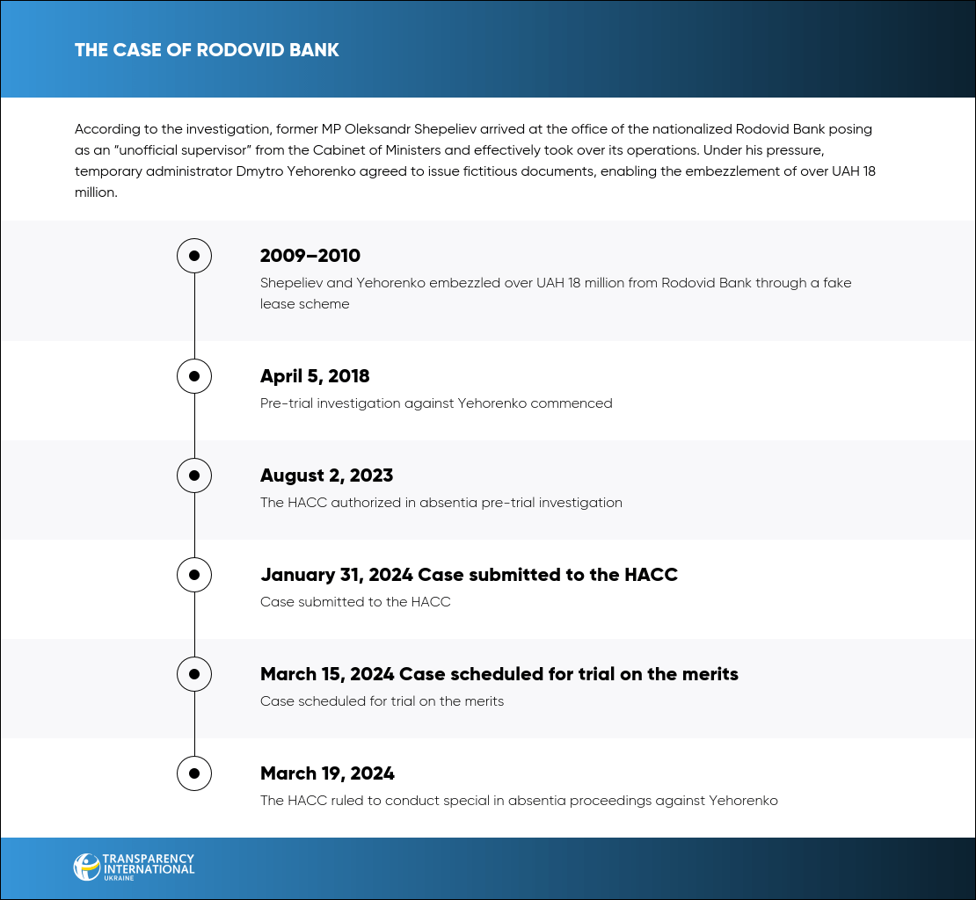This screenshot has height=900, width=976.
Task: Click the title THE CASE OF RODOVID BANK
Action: [x=207, y=49]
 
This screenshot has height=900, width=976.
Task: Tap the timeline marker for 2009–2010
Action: [x=194, y=256]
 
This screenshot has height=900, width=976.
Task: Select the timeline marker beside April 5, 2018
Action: [x=194, y=376]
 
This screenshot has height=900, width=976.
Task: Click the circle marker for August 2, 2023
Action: [x=194, y=475]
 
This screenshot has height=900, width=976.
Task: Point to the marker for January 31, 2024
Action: [x=194, y=575]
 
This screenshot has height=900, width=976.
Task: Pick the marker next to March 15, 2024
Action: [x=194, y=674]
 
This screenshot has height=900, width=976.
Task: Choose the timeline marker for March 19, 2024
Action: [x=194, y=773]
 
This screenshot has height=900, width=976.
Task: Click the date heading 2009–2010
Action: [x=310, y=256]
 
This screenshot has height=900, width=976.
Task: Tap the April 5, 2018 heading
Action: [x=315, y=376]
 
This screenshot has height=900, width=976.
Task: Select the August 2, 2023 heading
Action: [x=326, y=475]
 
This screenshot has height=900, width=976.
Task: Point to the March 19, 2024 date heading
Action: [x=327, y=773]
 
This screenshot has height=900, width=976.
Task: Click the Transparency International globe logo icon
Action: [x=87, y=867]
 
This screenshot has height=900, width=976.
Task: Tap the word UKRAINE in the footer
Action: [x=118, y=878]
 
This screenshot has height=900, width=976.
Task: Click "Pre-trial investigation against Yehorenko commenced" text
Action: [x=436, y=403]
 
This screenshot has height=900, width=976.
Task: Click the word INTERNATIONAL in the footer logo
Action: [x=149, y=869]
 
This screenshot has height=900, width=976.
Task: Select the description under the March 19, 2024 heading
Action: [x=519, y=801]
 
